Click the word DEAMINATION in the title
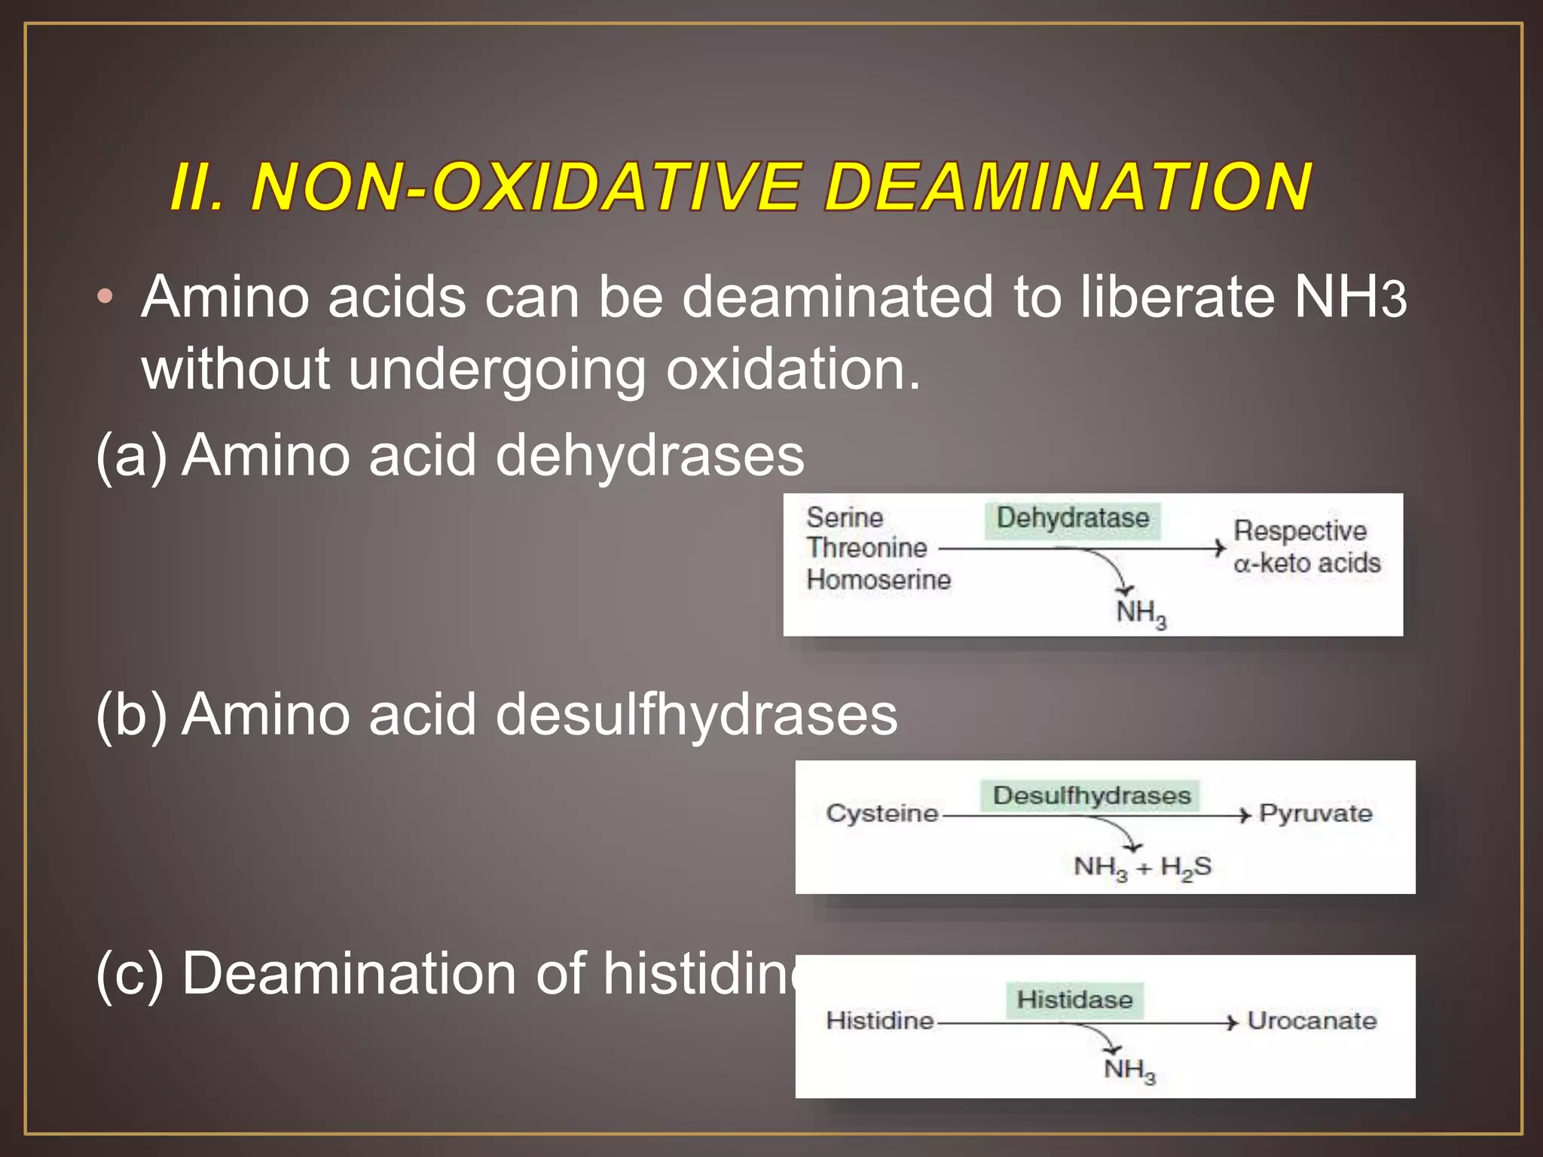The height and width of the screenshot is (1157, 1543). [1068, 187]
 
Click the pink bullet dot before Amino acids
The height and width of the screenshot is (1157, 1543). [105, 296]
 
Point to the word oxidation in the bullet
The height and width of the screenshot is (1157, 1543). [791, 369]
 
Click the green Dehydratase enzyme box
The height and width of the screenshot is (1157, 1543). [1073, 518]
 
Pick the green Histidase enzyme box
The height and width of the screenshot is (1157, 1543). [1074, 1000]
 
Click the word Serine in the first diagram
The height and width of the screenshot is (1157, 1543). [844, 517]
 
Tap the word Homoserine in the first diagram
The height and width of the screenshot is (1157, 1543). [878, 580]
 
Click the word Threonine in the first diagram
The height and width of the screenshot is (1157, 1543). [866, 548]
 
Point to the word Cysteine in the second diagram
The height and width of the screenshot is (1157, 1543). [881, 814]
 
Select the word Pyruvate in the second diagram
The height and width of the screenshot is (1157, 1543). [1315, 814]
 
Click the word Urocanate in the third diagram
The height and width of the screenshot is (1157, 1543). [1312, 1021]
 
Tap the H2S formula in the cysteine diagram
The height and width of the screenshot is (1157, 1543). [1186, 867]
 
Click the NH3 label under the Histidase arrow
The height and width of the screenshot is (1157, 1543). [1129, 1070]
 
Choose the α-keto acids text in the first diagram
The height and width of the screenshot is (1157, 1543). [1306, 563]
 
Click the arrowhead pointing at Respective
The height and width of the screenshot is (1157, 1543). [1219, 548]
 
